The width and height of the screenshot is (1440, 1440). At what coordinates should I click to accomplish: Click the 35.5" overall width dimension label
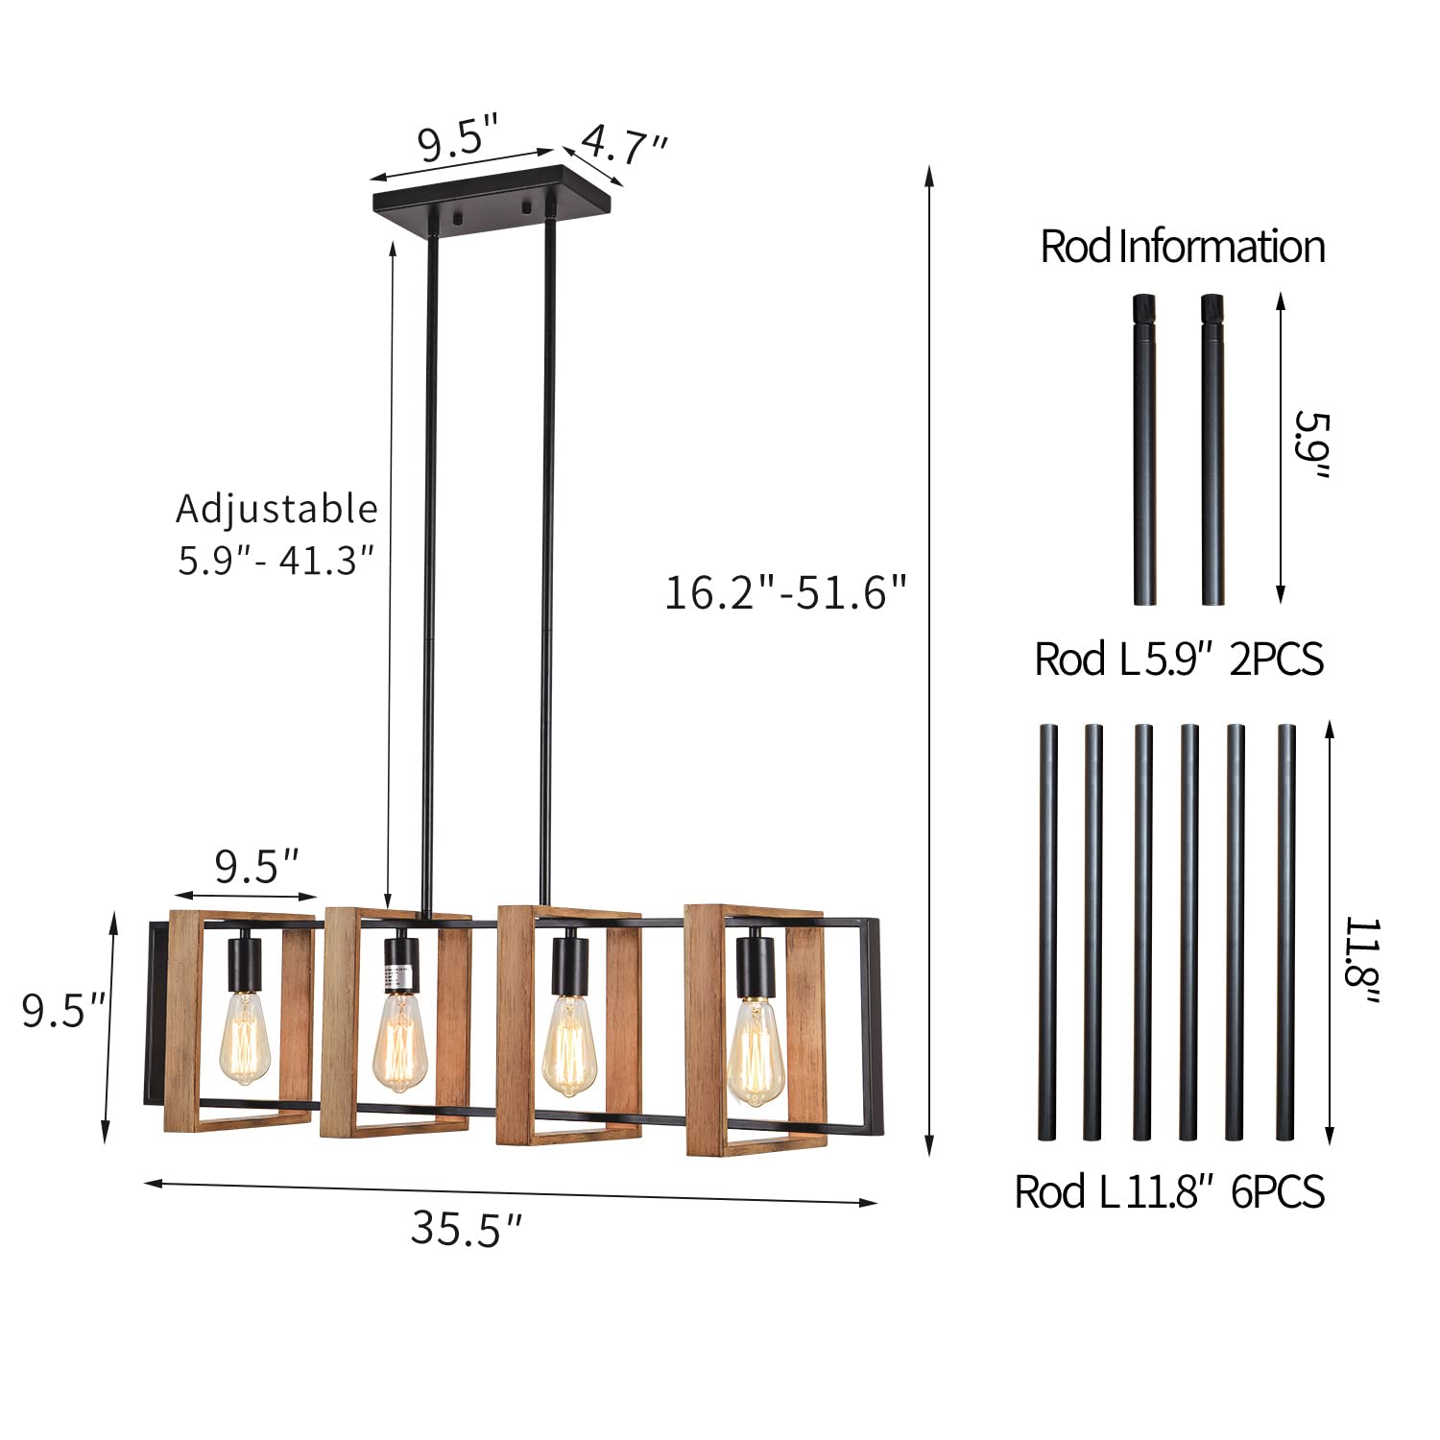click(x=467, y=1228)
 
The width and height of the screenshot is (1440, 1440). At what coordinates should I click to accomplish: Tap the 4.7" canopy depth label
click(x=625, y=147)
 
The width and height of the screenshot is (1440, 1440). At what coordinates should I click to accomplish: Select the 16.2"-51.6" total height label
click(x=785, y=592)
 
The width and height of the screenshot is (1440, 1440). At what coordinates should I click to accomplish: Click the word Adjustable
click(x=276, y=509)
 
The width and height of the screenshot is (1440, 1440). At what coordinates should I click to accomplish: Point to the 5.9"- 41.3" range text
click(x=276, y=560)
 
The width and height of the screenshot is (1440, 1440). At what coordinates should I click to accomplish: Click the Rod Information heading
click(x=1182, y=247)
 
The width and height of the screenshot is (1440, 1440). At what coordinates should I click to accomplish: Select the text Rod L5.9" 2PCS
click(x=1178, y=660)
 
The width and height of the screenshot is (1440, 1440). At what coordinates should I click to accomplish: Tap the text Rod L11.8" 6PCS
click(x=1169, y=1192)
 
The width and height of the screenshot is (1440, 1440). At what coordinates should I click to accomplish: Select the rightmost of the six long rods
click(x=1285, y=931)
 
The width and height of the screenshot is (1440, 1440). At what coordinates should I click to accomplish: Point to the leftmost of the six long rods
click(x=1047, y=931)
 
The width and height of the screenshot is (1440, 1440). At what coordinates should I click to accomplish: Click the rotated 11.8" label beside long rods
click(x=1361, y=962)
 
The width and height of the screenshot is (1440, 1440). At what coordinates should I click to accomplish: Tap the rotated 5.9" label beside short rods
click(x=1311, y=445)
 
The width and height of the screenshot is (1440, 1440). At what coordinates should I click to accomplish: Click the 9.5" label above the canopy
click(x=459, y=139)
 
